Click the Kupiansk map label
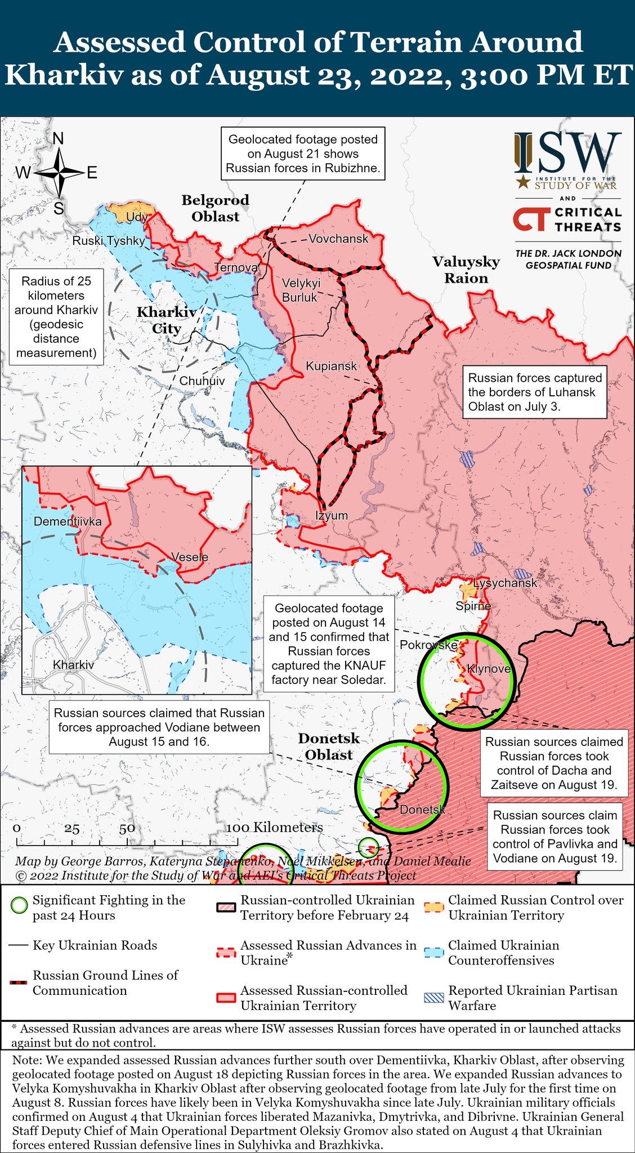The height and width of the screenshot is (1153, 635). click(x=331, y=367)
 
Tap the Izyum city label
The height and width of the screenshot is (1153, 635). click(x=331, y=516)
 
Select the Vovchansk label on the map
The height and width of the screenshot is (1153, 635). click(x=338, y=239)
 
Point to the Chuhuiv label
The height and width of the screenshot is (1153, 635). click(x=202, y=381)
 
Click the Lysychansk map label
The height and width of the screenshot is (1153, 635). click(x=505, y=583)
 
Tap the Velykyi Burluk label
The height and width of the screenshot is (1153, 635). click(x=301, y=290)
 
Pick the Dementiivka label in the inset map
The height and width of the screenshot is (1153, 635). click(x=68, y=521)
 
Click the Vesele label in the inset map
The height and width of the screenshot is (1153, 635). click(x=190, y=557)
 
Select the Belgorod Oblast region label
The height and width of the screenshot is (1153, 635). click(x=215, y=208)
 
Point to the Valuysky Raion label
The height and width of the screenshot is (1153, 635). click(x=466, y=270)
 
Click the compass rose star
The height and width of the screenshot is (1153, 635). click(x=59, y=172)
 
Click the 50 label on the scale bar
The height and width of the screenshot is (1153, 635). click(x=127, y=828)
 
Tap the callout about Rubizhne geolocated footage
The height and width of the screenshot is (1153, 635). click(x=303, y=154)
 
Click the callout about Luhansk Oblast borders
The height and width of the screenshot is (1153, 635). click(x=534, y=392)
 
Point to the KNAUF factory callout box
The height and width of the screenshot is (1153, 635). click(x=329, y=644)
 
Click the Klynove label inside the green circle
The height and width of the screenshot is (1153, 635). click(x=489, y=669)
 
